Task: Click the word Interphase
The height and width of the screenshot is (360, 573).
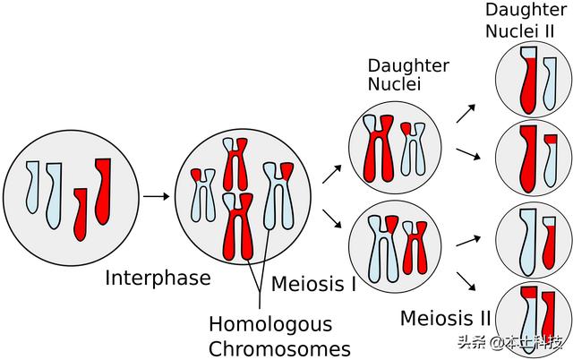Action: tap(158, 278)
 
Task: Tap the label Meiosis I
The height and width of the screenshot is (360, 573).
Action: tap(313, 284)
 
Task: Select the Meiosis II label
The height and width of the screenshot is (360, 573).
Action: tap(445, 318)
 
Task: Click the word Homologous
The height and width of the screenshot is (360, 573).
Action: tap(269, 324)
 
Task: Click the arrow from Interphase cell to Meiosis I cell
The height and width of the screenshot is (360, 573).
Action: tap(157, 195)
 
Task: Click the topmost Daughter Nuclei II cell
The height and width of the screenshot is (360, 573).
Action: tap(534, 78)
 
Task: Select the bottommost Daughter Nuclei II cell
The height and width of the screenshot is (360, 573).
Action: tap(534, 319)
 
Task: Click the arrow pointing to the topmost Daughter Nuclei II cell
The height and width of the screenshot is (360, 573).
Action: tap(466, 112)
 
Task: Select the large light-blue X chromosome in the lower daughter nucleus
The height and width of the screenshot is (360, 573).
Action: tap(380, 245)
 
